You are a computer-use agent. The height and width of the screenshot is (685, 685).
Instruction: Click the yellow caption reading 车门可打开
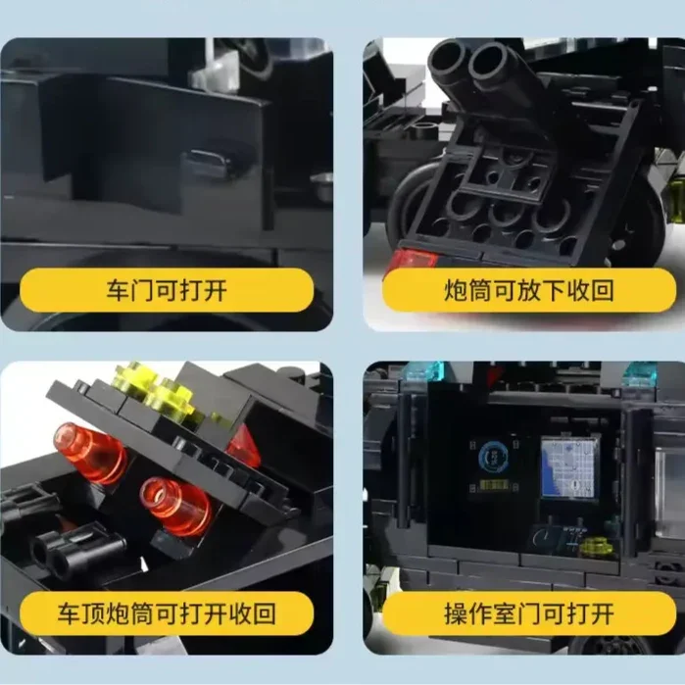coord(167,290)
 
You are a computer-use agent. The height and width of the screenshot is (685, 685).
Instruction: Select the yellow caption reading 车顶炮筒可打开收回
coord(167,613)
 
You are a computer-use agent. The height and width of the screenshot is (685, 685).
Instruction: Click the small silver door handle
coord(207,158)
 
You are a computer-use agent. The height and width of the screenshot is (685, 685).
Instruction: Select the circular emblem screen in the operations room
coord(492,458)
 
